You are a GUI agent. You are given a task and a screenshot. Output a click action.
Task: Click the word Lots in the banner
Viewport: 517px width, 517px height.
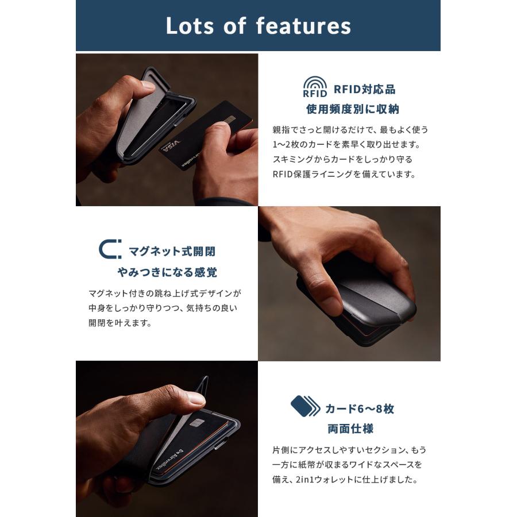[x=190, y=26]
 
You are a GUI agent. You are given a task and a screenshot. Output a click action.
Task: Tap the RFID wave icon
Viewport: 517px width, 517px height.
[x=315, y=87]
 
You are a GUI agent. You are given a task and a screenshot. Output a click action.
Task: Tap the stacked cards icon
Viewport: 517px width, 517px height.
[x=305, y=406]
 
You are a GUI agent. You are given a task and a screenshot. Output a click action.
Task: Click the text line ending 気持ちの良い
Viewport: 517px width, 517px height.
[x=163, y=307]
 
